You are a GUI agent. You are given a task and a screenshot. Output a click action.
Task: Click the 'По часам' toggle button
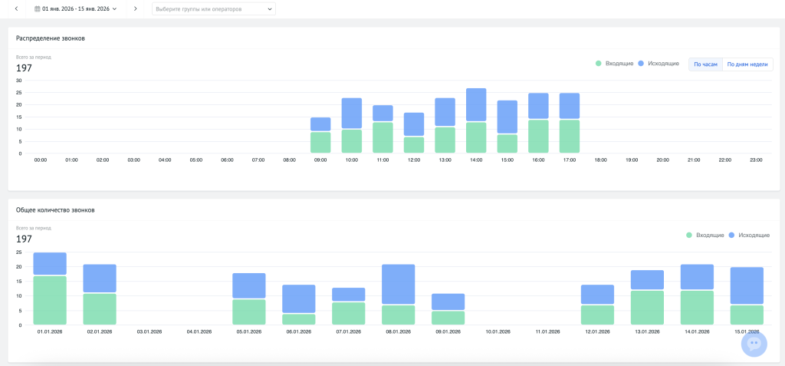click(x=705, y=64)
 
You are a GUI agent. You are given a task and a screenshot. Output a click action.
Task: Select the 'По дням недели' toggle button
click(x=747, y=64)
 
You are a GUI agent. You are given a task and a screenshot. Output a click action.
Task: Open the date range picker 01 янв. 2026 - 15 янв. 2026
click(x=76, y=8)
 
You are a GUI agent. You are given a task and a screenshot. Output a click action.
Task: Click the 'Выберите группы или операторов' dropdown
click(x=214, y=9)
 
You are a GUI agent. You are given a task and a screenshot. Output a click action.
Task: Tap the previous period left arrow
click(x=16, y=8)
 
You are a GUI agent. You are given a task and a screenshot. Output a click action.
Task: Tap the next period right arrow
click(x=135, y=8)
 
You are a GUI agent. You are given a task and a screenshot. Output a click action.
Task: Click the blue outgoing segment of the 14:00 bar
click(x=476, y=105)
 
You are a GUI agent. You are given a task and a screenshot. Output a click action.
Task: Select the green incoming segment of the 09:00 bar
click(x=321, y=143)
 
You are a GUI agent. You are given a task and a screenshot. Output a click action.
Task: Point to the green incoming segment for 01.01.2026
click(x=50, y=300)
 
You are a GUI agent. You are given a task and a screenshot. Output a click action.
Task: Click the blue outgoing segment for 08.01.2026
click(x=399, y=284)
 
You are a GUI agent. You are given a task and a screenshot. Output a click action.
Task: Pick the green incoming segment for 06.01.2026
click(x=299, y=319)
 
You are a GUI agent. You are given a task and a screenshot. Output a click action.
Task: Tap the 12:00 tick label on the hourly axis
click(x=413, y=160)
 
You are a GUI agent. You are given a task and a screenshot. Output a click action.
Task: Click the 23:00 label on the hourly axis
click(x=756, y=160)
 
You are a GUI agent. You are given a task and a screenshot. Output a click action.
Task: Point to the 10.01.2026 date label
click(x=498, y=332)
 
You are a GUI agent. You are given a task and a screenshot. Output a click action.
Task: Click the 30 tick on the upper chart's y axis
click(x=19, y=81)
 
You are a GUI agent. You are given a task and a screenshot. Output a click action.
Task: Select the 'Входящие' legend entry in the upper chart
click(x=614, y=64)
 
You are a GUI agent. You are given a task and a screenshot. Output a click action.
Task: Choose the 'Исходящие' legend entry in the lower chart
click(x=749, y=235)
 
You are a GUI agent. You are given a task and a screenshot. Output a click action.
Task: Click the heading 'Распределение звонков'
click(x=50, y=38)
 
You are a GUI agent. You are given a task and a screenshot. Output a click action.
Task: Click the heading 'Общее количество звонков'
click(x=55, y=210)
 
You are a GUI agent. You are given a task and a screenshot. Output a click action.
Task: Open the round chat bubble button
click(x=754, y=344)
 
